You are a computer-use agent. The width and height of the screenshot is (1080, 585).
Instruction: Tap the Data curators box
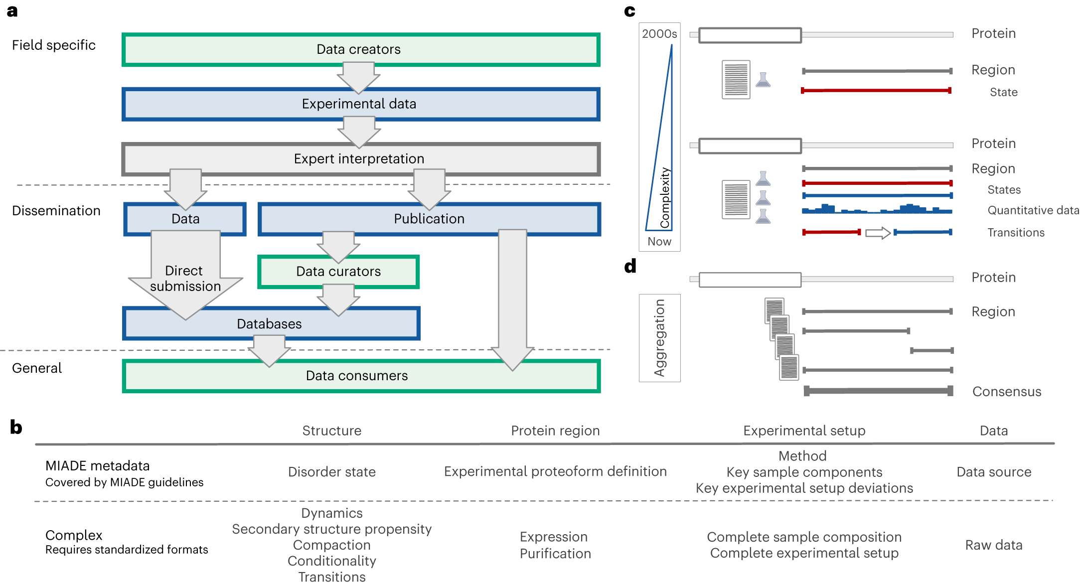[338, 272]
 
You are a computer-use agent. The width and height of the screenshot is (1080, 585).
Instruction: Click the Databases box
[270, 324]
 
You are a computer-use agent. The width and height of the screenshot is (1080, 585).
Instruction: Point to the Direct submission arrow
[185, 278]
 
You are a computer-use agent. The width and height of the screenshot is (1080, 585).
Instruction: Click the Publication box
[429, 219]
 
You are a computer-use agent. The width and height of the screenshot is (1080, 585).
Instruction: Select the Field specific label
[54, 45]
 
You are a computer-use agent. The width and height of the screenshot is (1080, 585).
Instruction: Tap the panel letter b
[16, 428]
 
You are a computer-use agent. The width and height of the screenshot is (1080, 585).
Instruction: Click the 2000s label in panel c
[659, 34]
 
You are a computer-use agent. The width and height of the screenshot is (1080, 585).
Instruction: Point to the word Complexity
[665, 198]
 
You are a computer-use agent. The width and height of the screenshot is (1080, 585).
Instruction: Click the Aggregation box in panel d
[659, 338]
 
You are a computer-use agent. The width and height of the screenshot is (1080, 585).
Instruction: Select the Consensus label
[1006, 392]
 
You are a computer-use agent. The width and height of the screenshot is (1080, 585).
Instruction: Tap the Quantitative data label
[1033, 210]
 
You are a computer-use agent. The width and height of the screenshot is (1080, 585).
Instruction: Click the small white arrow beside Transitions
[878, 233]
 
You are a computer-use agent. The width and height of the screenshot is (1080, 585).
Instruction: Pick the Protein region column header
[555, 431]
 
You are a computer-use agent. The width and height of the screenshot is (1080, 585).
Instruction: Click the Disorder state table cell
[332, 472]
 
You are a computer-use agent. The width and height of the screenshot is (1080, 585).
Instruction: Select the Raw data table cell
[993, 545]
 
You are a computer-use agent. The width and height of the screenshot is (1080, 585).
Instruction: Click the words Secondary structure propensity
[332, 529]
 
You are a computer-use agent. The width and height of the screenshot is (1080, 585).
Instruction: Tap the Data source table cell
[993, 472]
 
